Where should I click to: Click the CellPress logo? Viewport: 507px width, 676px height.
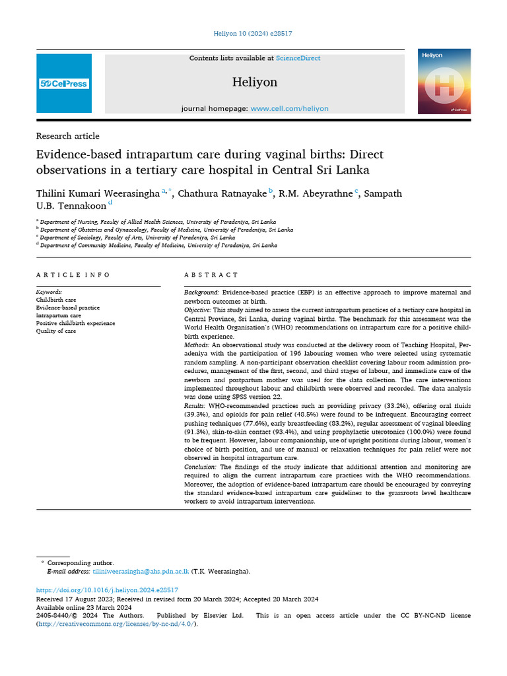point(64,84)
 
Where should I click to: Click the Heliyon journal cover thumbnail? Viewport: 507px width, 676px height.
point(444,81)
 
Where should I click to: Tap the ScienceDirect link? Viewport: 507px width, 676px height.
point(298,58)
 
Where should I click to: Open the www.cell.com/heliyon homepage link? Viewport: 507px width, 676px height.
point(289,108)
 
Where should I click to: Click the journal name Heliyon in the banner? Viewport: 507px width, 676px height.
point(254,83)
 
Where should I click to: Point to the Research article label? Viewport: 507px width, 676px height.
point(67,136)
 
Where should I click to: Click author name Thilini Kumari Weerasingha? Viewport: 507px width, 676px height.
point(98,193)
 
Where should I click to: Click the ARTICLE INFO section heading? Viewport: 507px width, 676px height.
point(73,275)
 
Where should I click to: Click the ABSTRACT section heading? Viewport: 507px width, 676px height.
point(211,275)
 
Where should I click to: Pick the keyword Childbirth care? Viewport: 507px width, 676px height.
point(56,300)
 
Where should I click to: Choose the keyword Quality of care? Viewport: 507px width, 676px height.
point(56,331)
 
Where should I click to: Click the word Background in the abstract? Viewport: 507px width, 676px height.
point(201,292)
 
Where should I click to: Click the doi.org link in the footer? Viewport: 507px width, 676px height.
point(107,590)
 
